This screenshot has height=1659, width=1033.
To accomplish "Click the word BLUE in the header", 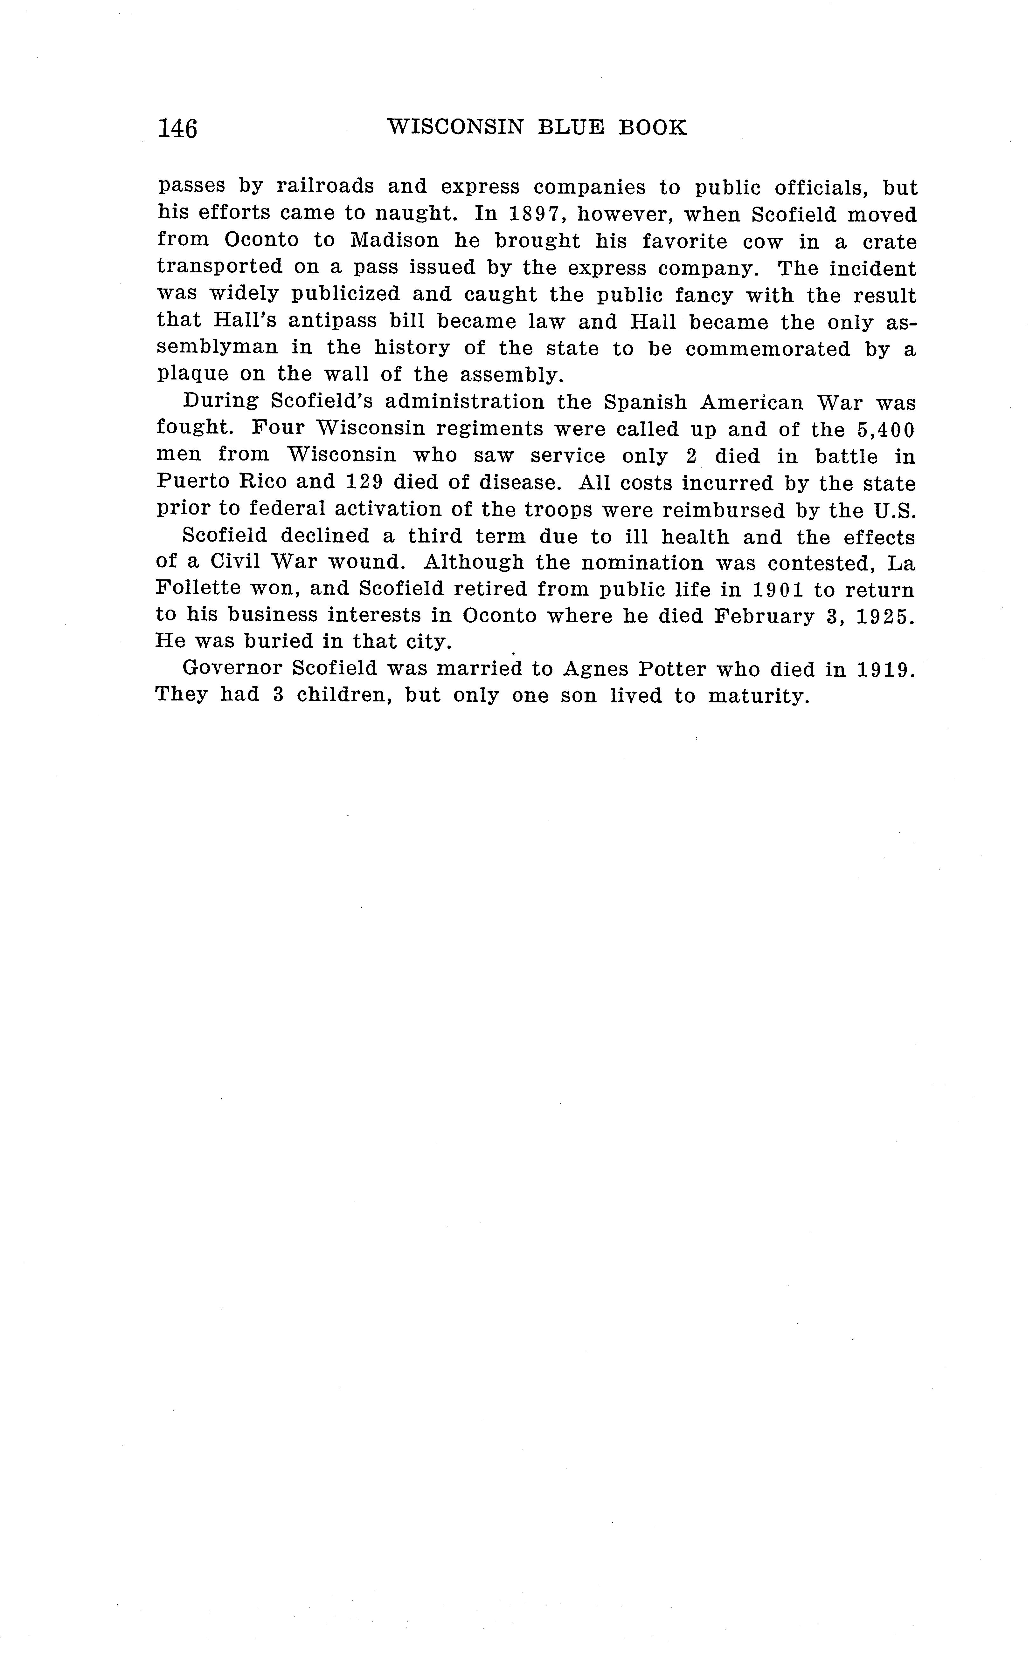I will pos(571,128).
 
